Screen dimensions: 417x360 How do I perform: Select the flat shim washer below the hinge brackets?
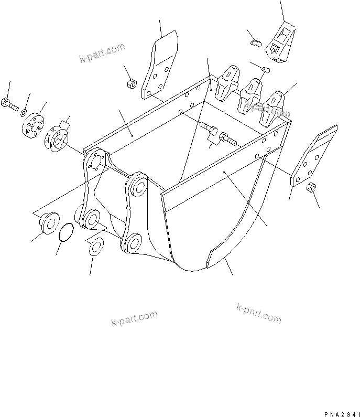point(95,247)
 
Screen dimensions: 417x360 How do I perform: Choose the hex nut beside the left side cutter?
point(132,83)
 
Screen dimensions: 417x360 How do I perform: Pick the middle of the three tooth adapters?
point(251,95)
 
